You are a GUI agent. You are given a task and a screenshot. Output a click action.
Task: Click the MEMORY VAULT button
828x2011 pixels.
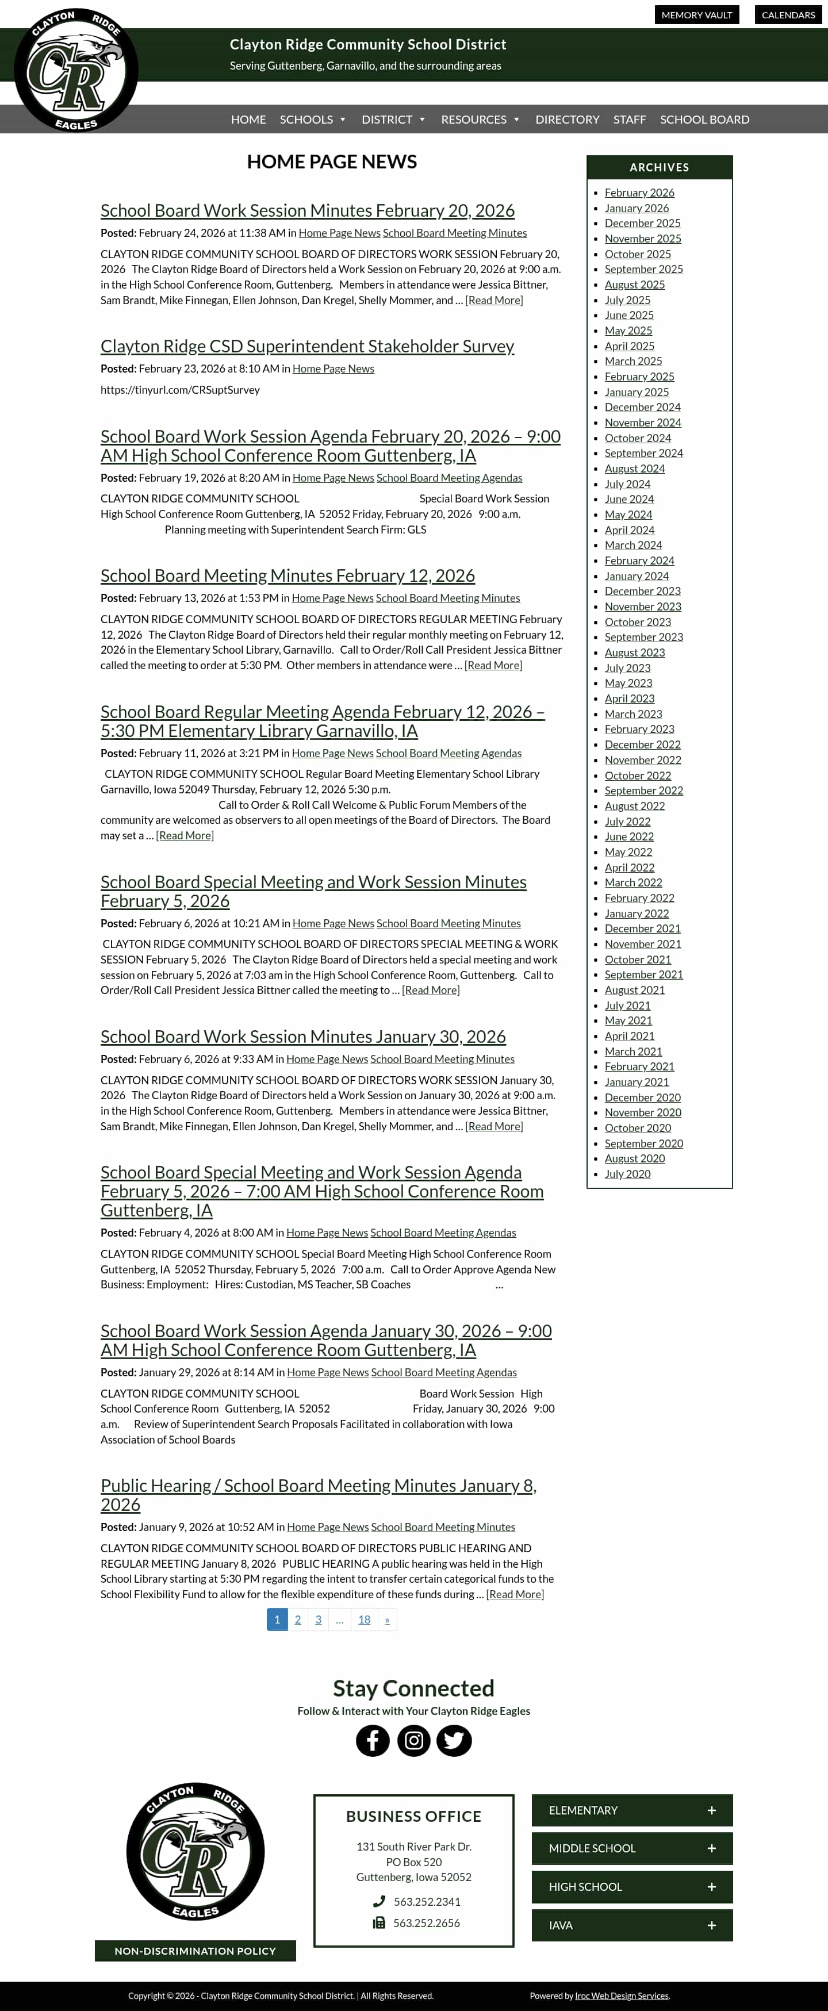[x=696, y=15]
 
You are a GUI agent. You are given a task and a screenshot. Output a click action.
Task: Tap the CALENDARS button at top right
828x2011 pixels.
[x=788, y=15]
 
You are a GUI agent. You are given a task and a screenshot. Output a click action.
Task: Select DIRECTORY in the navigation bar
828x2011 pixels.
[x=567, y=120]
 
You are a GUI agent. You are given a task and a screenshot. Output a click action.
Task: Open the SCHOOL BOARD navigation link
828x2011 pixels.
[x=704, y=120]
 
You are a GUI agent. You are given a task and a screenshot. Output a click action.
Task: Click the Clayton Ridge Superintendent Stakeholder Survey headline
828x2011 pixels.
[x=307, y=346]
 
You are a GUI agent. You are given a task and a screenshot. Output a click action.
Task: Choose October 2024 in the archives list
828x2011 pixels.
[x=638, y=438]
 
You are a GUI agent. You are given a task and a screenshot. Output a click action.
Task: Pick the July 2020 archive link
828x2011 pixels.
[x=627, y=1174]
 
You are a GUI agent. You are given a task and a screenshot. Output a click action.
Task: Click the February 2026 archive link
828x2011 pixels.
[x=639, y=193]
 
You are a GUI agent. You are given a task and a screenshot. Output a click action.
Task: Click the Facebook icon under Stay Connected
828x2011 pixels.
[x=373, y=1740]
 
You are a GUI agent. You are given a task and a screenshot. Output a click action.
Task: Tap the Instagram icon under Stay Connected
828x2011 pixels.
[x=414, y=1740]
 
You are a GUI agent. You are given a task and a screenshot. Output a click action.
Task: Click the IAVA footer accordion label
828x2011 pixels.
[x=561, y=1925]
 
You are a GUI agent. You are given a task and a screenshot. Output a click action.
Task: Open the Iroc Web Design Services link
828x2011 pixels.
[x=622, y=1995]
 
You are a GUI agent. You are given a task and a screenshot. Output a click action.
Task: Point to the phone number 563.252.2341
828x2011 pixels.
[x=427, y=1902]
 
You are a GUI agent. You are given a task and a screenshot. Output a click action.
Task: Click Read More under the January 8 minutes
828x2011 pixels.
[x=515, y=1594]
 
